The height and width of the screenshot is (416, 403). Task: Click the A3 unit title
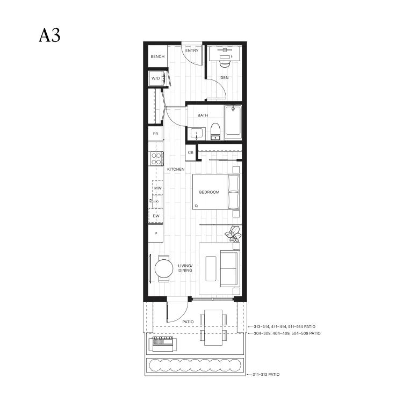pos(49,35)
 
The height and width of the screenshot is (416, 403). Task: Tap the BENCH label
pos(157,56)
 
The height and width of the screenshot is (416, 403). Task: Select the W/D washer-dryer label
pos(156,78)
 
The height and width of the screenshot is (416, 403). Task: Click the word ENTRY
pos(192,50)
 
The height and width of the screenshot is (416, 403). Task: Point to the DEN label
pos(225,77)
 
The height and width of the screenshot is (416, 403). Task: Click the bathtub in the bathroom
pos(233,122)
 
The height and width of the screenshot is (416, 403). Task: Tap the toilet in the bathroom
pos(215,132)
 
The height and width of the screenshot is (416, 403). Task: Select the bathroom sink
pos(196,134)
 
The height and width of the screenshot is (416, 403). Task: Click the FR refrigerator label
pos(155,134)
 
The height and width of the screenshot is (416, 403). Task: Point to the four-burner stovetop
pos(156,159)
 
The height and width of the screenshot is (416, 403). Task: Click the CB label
pos(190,152)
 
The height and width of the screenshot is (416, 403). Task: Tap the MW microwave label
pos(158,188)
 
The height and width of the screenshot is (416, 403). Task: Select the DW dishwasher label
pos(156,216)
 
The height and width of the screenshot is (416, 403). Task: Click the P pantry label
pos(156,233)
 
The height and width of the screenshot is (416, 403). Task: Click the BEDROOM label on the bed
pos(210,192)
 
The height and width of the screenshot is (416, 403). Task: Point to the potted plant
pos(233,233)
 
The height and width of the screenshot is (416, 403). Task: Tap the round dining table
pos(164,268)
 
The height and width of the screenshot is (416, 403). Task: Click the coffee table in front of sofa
pos(211,268)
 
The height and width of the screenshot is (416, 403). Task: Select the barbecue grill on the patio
pos(163,344)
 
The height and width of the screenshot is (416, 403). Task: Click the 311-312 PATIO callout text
pos(266,374)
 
